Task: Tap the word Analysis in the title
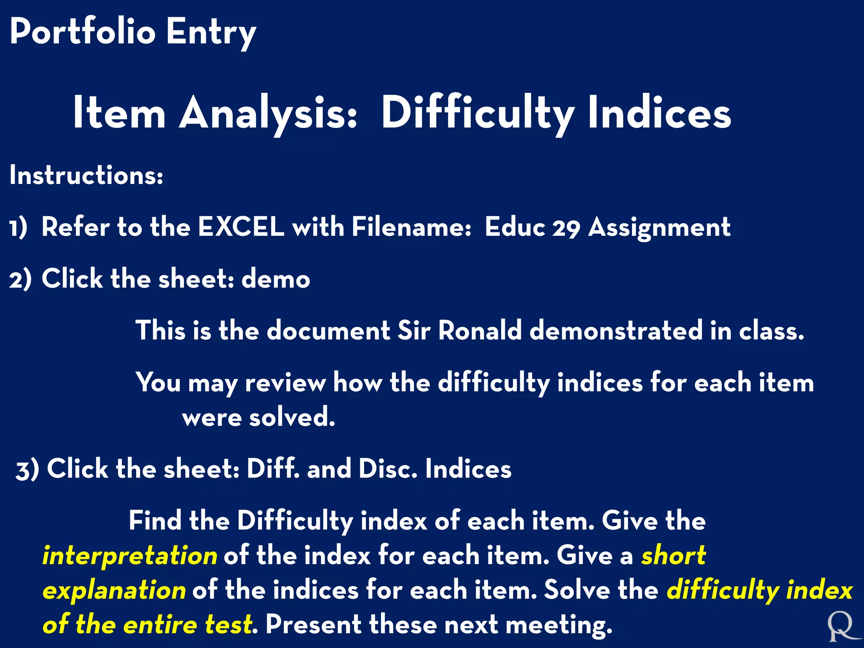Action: pyautogui.click(x=269, y=113)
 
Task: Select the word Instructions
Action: pyautogui.click(x=86, y=175)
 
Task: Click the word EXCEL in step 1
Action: pyautogui.click(x=241, y=227)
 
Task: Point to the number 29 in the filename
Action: pyautogui.click(x=566, y=228)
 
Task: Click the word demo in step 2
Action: pyautogui.click(x=275, y=279)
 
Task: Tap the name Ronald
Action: pyautogui.click(x=480, y=330)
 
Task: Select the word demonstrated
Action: pyautogui.click(x=616, y=330)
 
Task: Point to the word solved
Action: pyautogui.click(x=292, y=418)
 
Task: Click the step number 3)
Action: pyautogui.click(x=27, y=470)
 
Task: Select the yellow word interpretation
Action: pyautogui.click(x=130, y=556)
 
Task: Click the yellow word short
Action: pyautogui.click(x=673, y=555)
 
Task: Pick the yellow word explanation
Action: pyautogui.click(x=114, y=590)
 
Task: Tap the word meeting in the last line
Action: pyautogui.click(x=559, y=625)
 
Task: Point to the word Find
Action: pyautogui.click(x=155, y=521)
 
